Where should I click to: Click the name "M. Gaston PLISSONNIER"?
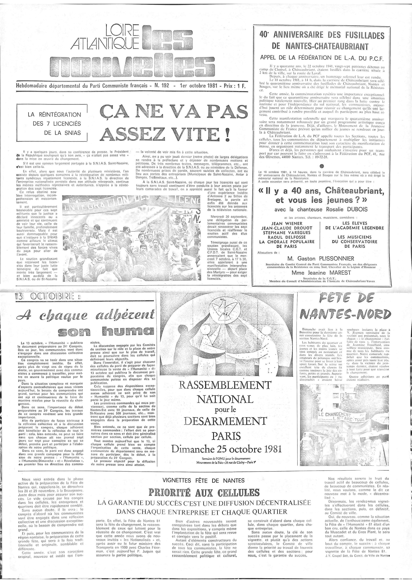point(321,259)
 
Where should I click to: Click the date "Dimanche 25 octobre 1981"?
point(226,449)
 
